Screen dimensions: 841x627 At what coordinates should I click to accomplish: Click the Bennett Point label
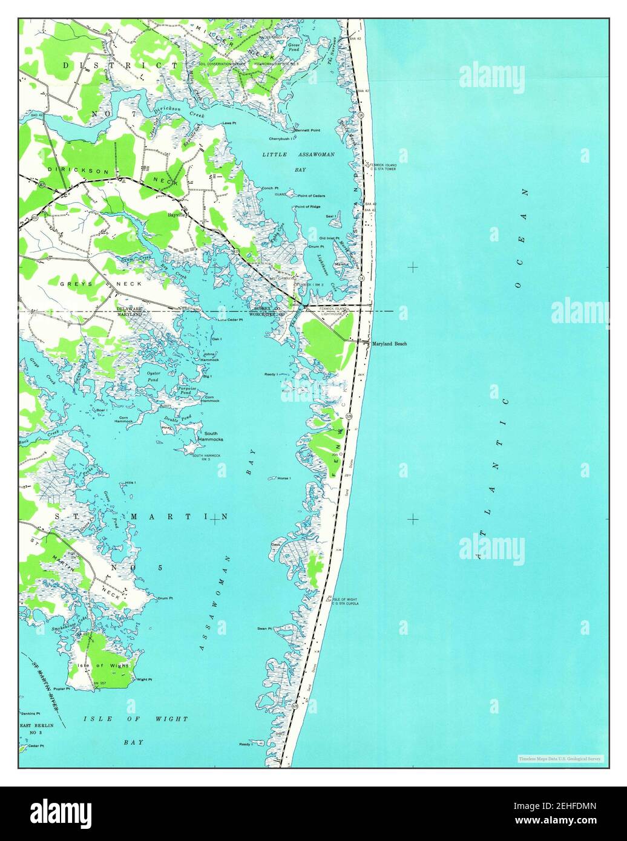tap(308, 130)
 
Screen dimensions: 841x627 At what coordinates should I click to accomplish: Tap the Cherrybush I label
tap(281, 139)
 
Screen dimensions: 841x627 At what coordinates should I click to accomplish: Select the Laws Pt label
tap(229, 123)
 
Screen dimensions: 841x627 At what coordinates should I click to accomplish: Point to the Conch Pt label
tap(270, 188)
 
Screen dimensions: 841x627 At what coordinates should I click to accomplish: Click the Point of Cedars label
tap(311, 196)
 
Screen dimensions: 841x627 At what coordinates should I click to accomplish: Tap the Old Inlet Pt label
tap(330, 238)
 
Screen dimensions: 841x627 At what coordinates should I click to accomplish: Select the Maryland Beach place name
tap(389, 344)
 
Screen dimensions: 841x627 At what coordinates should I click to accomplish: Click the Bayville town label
tap(179, 215)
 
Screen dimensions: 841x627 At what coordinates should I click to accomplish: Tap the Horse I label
tap(284, 479)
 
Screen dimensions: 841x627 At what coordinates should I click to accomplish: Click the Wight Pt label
tap(145, 679)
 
